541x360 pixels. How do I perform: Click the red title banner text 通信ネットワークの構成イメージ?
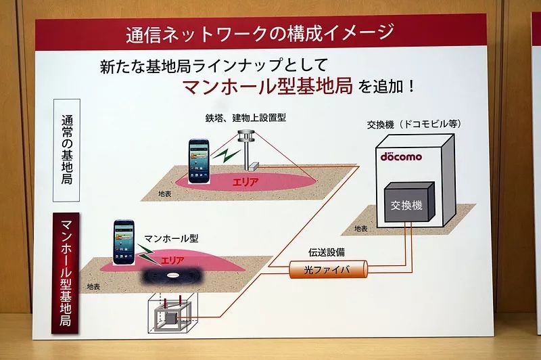tap(260, 32)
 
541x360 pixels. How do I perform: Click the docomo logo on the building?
tap(400, 156)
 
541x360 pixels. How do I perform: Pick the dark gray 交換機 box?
tap(407, 204)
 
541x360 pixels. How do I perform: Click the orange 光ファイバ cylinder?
tap(327, 270)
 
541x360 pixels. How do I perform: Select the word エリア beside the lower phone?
tap(172, 259)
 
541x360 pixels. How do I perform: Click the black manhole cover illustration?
tap(174, 275)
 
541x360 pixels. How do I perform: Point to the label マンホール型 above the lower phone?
tap(172, 238)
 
